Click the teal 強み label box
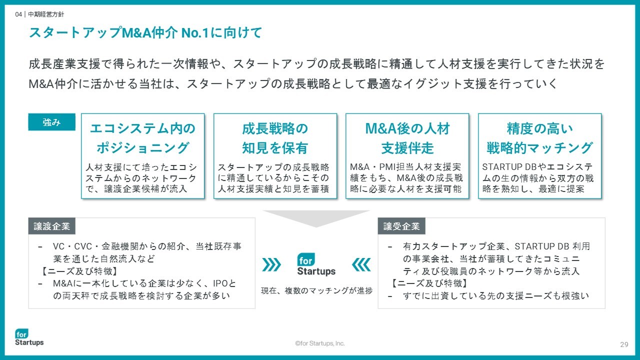51,122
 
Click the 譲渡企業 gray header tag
51,226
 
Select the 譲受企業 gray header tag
401,226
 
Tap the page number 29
624,344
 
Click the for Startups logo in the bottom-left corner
29,337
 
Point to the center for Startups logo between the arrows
316,264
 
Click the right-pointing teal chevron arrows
271,264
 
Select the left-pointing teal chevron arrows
361,264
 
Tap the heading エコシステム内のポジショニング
142,138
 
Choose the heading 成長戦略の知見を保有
275,138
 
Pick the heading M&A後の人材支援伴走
407,138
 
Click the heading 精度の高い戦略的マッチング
539,138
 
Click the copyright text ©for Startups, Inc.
320,343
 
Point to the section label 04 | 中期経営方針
39,14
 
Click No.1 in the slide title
195,32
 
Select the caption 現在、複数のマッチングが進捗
316,290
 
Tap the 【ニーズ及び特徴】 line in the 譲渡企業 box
79,271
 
